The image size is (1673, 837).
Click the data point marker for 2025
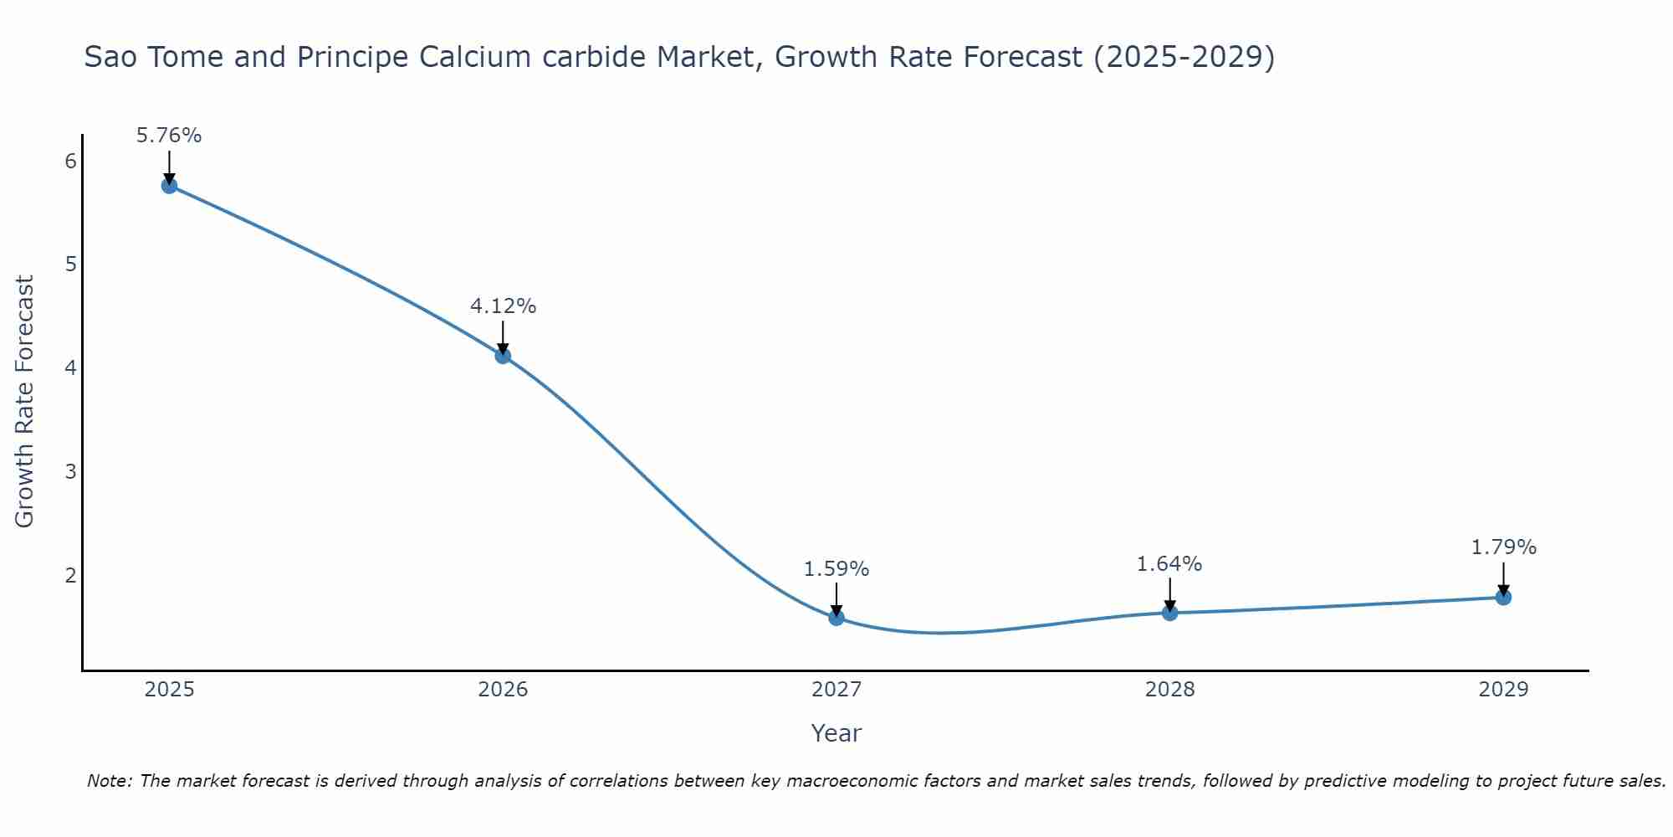pyautogui.click(x=169, y=186)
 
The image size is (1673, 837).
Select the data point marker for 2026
pyautogui.click(x=503, y=356)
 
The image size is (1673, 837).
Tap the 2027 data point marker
pyautogui.click(x=836, y=618)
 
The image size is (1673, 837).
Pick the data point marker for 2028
pyautogui.click(x=1169, y=613)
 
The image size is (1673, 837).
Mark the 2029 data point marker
pyautogui.click(x=1503, y=597)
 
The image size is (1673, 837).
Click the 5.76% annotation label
pyautogui.click(x=169, y=136)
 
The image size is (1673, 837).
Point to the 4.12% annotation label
pyautogui.click(x=503, y=306)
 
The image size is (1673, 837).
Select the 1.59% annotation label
pyautogui.click(x=836, y=569)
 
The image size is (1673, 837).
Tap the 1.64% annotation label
pyautogui.click(x=1169, y=564)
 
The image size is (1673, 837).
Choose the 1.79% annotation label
pyautogui.click(x=1503, y=547)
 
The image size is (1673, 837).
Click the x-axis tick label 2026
pyautogui.click(x=503, y=690)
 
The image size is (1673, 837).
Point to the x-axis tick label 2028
pyautogui.click(x=1169, y=690)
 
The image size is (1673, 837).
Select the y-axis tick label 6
pyautogui.click(x=70, y=161)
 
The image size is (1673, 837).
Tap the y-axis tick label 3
pyautogui.click(x=70, y=471)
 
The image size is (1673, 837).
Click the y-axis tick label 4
pyautogui.click(x=70, y=367)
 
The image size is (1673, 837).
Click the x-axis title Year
pyautogui.click(x=836, y=733)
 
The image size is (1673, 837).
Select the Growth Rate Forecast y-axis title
pyautogui.click(x=25, y=402)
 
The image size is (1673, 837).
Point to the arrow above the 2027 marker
pyautogui.click(x=836, y=598)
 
